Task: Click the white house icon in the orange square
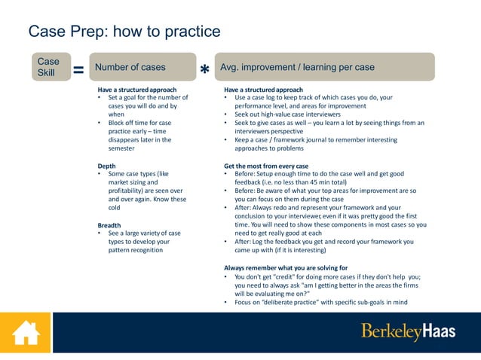click(x=25, y=332)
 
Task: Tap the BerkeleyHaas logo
click(x=408, y=331)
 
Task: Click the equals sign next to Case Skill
click(x=77, y=70)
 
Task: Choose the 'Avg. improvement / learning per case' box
click(x=324, y=67)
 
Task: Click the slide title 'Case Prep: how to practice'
click(x=124, y=32)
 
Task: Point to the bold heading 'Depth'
click(x=107, y=166)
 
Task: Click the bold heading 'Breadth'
click(x=110, y=225)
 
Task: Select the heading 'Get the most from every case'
click(x=266, y=166)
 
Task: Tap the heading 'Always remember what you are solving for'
click(x=286, y=268)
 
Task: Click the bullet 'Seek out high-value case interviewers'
click(x=287, y=114)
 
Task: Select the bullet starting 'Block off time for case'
click(x=139, y=123)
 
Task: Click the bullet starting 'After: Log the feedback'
click(x=324, y=242)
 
